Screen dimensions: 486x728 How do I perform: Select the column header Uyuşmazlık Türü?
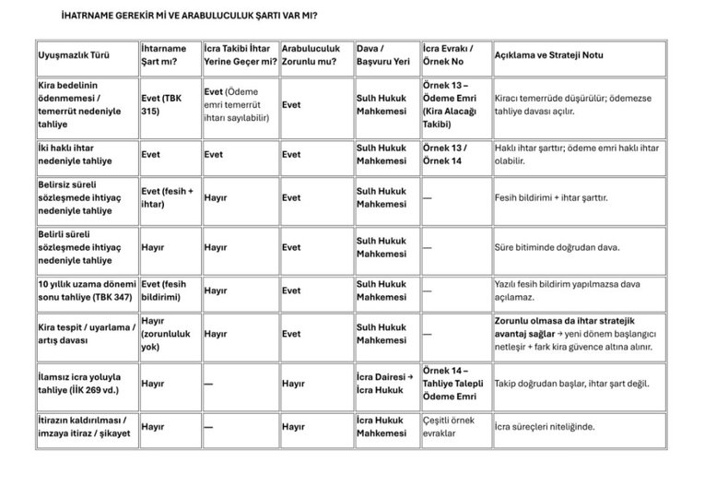coord(73,55)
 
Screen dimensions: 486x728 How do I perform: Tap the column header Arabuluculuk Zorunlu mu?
coord(311,55)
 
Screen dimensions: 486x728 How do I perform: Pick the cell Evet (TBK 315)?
coord(162,104)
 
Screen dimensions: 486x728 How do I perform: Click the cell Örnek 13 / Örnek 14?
coord(444,154)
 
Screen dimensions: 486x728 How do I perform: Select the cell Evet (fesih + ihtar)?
coord(166,197)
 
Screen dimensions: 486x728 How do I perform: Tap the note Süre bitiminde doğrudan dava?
coord(558,247)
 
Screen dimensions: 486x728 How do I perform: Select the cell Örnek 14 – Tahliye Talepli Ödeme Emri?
coord(452,383)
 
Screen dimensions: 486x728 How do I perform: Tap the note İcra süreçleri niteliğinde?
coord(545,427)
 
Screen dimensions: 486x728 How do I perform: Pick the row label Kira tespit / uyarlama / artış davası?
coord(83,333)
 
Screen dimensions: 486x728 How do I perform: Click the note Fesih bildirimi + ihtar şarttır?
coord(551,197)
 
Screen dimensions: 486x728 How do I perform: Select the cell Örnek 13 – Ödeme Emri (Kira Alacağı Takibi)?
coord(452,104)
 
